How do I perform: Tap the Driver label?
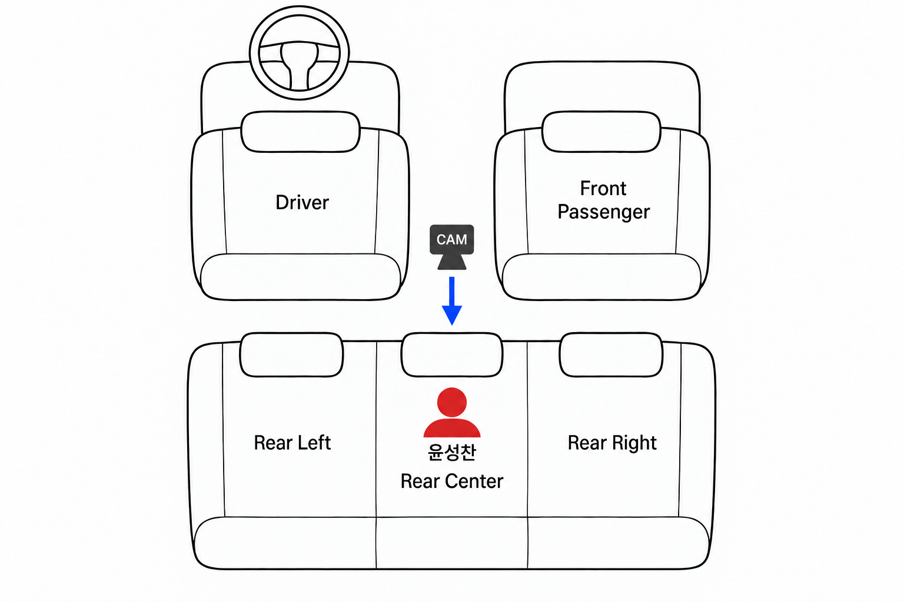coord(302,202)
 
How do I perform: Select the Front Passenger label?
coord(603,200)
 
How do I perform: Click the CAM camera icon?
coord(451,247)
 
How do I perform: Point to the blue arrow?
coord(452,301)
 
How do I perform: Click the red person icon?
coord(452,413)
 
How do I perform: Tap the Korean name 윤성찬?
coord(451,452)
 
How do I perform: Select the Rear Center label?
coord(451,481)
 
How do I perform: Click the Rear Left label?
coord(292,443)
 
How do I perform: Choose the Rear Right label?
coord(612,443)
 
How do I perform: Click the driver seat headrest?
coord(300,132)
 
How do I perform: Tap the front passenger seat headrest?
coord(601,132)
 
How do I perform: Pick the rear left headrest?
coord(291,355)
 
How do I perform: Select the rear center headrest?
coord(452,355)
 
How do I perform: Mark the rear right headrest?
coord(611,355)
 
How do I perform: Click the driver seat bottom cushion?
coord(300,277)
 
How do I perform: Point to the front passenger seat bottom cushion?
coord(601,277)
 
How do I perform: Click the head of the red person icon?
coord(452,402)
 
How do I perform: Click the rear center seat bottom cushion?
coord(451,543)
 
